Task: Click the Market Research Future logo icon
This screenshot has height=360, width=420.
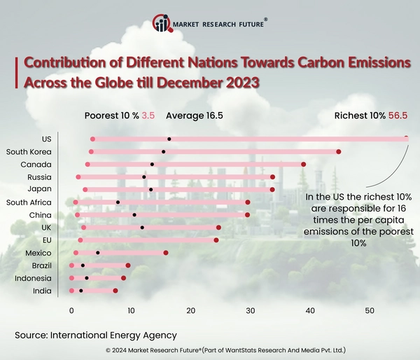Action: [162, 24]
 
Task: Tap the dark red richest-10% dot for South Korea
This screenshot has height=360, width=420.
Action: [339, 151]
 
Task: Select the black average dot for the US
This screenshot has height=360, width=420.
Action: [169, 139]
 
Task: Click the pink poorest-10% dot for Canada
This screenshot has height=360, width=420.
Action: [87, 164]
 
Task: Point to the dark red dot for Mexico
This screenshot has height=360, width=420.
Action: [166, 252]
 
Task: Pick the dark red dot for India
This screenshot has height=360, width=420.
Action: [115, 290]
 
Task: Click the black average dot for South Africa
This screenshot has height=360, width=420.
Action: [118, 202]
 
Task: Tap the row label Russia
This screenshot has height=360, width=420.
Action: [38, 176]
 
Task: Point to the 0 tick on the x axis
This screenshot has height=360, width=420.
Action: [71, 310]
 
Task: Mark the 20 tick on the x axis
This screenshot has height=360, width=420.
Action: [190, 310]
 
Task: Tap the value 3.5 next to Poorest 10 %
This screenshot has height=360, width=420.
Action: [148, 116]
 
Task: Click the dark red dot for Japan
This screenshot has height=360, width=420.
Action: [272, 189]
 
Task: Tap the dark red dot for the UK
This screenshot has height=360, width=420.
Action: [218, 227]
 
